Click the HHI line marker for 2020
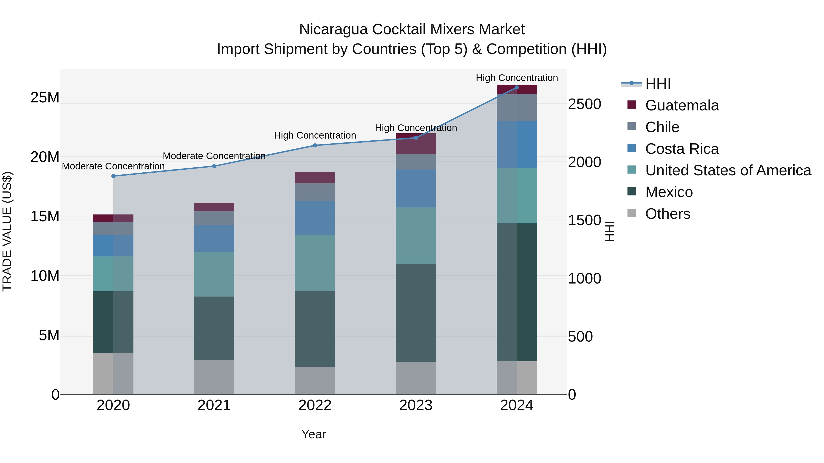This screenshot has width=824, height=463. (x=113, y=176)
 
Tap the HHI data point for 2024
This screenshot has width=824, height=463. (x=517, y=88)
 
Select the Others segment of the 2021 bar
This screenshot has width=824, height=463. (x=214, y=377)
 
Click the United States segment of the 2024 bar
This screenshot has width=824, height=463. (x=517, y=195)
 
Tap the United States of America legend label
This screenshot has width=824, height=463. (x=728, y=170)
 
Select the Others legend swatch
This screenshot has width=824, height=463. (x=632, y=213)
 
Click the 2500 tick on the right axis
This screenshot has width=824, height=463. (x=584, y=104)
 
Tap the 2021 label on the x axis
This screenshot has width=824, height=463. (x=214, y=405)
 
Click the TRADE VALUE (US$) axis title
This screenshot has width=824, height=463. (x=7, y=231)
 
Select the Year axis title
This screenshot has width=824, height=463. (x=314, y=434)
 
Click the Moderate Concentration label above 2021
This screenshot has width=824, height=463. (x=214, y=156)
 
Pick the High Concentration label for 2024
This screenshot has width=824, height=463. (x=517, y=78)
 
